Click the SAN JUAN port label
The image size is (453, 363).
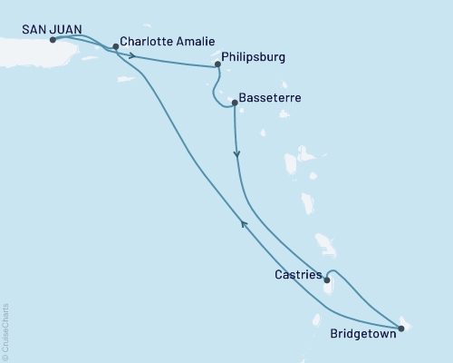pos(52,29)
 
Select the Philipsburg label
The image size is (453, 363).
pos(253,56)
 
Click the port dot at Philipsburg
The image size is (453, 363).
pos(217,64)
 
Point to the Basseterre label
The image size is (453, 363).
pos(271,97)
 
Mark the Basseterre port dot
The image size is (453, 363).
pos(234,103)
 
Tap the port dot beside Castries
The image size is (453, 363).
pos(326,280)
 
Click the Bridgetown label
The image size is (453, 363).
pos(355,333)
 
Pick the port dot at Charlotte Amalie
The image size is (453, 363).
pos(115,46)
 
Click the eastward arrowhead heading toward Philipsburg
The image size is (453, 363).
pos(134,56)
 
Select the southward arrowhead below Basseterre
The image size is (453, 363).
pos(236,155)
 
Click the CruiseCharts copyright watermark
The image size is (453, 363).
pos(5,332)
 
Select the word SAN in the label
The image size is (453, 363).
pos(35,29)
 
